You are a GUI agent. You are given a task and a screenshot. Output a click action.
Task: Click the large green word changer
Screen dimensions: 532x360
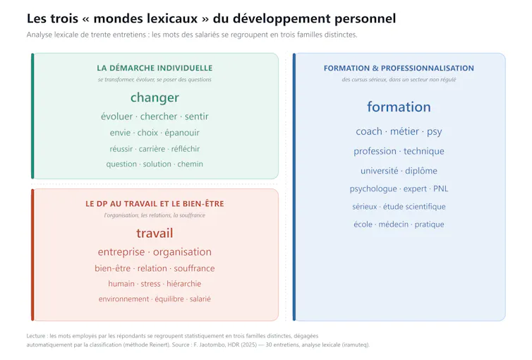pyautogui.click(x=155, y=97)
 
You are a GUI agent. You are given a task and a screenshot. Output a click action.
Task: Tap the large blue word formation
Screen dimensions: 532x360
pyautogui.click(x=399, y=107)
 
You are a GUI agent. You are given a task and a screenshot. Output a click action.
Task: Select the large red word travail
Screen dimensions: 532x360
pyautogui.click(x=155, y=233)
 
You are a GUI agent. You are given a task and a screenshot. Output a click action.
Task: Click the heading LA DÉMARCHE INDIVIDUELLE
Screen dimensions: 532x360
pyautogui.click(x=155, y=68)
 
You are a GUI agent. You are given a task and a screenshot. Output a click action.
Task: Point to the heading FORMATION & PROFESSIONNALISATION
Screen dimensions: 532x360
pyautogui.click(x=399, y=68)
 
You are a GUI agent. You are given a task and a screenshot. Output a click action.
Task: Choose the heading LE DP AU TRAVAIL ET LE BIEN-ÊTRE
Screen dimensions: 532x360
pyautogui.click(x=155, y=203)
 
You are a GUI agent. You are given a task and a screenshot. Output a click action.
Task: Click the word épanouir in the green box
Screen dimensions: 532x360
pyautogui.click(x=182, y=133)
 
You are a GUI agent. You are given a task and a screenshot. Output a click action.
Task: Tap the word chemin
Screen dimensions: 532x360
pyautogui.click(x=191, y=164)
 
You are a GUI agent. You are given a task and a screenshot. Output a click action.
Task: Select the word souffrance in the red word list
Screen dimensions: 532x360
pyautogui.click(x=195, y=268)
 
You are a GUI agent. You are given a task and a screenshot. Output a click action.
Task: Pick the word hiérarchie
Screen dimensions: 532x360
pyautogui.click(x=184, y=284)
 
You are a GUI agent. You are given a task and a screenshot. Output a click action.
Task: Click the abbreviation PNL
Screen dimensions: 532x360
pyautogui.click(x=441, y=188)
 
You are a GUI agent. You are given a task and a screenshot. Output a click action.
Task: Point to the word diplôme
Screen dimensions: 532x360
pyautogui.click(x=421, y=171)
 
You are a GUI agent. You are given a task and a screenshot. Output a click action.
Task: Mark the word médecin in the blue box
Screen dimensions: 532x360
pyautogui.click(x=394, y=224)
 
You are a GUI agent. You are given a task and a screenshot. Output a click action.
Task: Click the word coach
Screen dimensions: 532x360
pyautogui.click(x=369, y=131)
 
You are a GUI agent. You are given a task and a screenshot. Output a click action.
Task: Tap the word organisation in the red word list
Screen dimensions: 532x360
pyautogui.click(x=182, y=252)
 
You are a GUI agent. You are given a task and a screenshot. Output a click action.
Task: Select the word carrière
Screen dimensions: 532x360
pyautogui.click(x=152, y=149)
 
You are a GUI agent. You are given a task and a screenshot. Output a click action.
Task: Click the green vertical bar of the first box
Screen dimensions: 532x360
pyautogui.click(x=32, y=116)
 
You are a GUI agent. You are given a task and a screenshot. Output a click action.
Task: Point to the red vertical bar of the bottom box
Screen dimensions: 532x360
pyautogui.click(x=32, y=255)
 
